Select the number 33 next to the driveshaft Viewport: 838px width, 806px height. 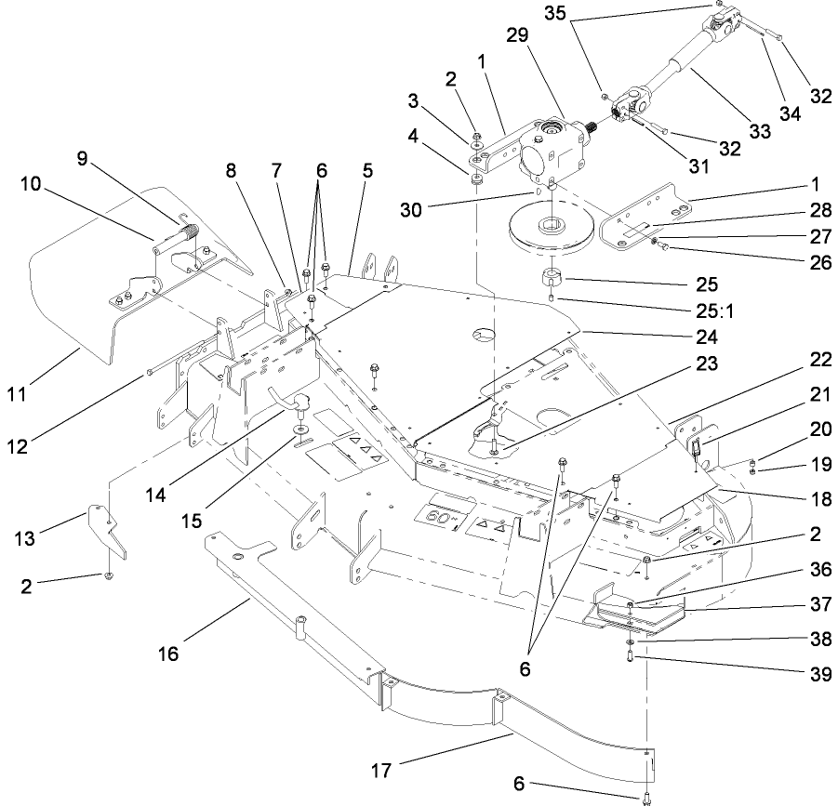[x=760, y=133]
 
